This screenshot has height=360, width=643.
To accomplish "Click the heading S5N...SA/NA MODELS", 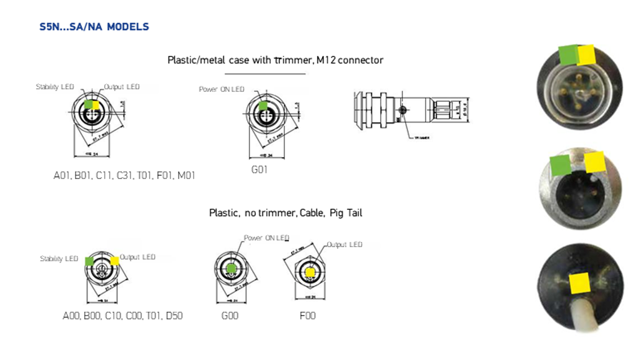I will [x=94, y=27].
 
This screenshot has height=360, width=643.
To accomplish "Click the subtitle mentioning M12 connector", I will [x=275, y=60].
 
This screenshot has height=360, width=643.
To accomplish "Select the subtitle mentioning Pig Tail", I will [x=285, y=213].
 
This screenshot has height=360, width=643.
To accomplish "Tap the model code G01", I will [x=259, y=169].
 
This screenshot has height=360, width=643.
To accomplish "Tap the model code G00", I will [x=230, y=316].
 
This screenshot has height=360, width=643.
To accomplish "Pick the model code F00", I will [x=308, y=316].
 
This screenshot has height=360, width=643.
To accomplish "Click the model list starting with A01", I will [x=124, y=175].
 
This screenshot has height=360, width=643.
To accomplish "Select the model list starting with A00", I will [x=122, y=316].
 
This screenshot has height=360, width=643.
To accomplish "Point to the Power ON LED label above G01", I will [x=222, y=89].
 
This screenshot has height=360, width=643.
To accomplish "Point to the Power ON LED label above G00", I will [x=267, y=238].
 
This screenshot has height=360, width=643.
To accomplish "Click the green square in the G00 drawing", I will [x=232, y=268].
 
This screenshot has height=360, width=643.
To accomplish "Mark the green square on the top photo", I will [x=569, y=54].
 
